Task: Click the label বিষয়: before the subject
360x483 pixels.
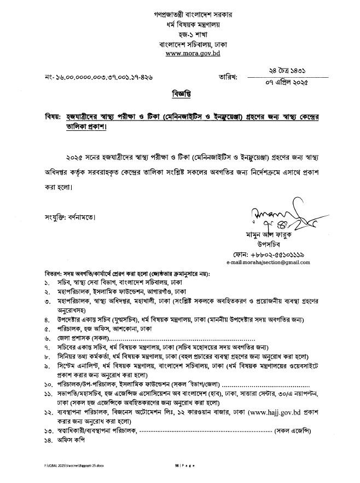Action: pyautogui.click(x=53, y=116)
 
